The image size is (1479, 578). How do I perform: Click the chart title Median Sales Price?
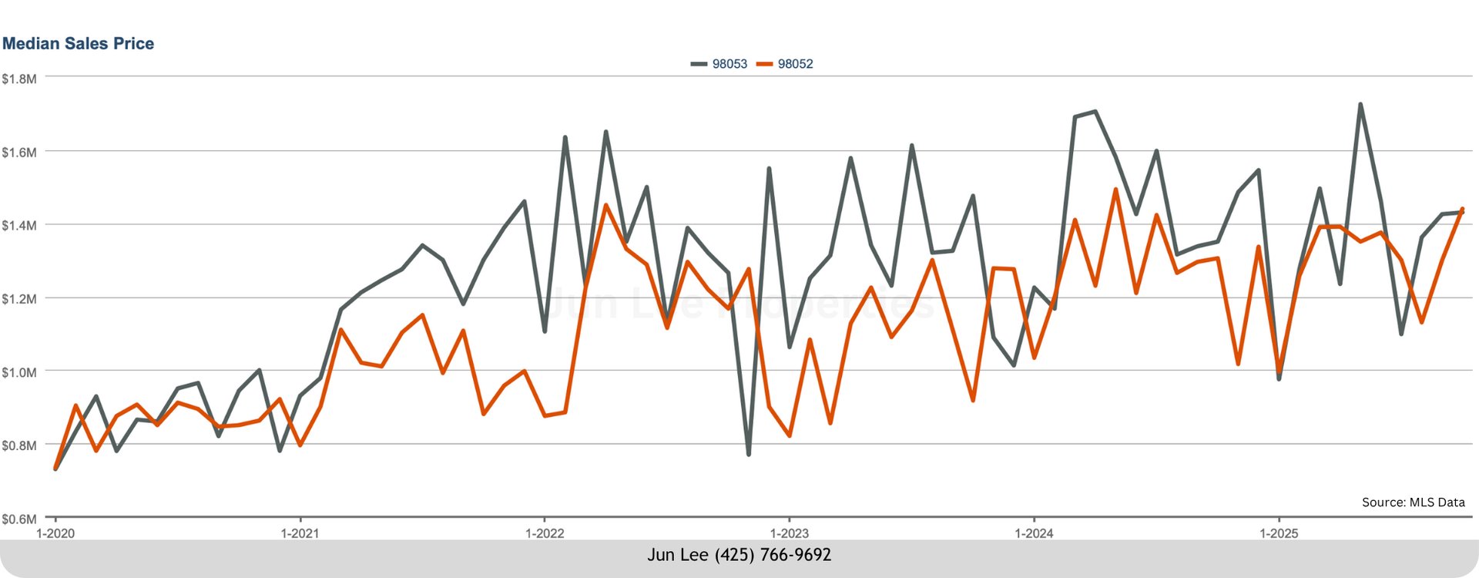(78, 44)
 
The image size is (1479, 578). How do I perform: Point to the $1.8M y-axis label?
(19, 79)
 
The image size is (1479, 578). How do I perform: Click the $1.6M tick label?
(19, 153)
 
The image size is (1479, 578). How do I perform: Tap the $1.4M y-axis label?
(19, 226)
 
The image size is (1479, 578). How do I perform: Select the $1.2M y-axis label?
(19, 299)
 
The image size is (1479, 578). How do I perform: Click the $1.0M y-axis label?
(19, 373)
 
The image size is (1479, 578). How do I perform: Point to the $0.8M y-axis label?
(19, 445)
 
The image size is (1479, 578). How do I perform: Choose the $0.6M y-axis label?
(19, 519)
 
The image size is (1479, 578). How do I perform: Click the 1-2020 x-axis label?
(55, 533)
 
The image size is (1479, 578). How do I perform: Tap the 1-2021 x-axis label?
(300, 533)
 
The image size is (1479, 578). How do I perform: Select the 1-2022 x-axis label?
(545, 533)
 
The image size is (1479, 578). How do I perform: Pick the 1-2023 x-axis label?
(790, 533)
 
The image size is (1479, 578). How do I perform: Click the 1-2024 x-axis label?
(1034, 533)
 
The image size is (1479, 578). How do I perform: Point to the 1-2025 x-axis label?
(1279, 533)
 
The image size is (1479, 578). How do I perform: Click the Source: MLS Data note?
(1413, 502)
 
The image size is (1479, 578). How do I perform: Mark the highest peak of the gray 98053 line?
(1360, 104)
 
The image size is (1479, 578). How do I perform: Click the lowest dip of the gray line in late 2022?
(748, 454)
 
